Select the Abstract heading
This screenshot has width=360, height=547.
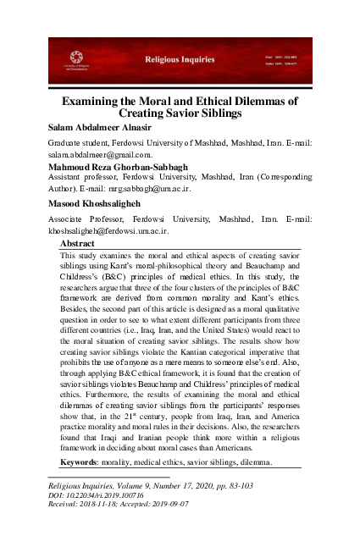(x=79, y=243)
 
